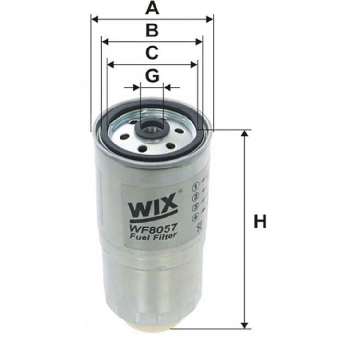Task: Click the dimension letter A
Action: (x=152, y=8)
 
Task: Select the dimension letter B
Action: (x=152, y=30)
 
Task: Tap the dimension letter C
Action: (x=152, y=52)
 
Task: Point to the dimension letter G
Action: (x=152, y=75)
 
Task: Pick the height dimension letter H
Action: (x=260, y=221)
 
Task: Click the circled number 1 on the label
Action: (x=195, y=186)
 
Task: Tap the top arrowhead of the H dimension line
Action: (x=245, y=134)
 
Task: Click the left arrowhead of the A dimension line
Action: (x=94, y=19)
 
